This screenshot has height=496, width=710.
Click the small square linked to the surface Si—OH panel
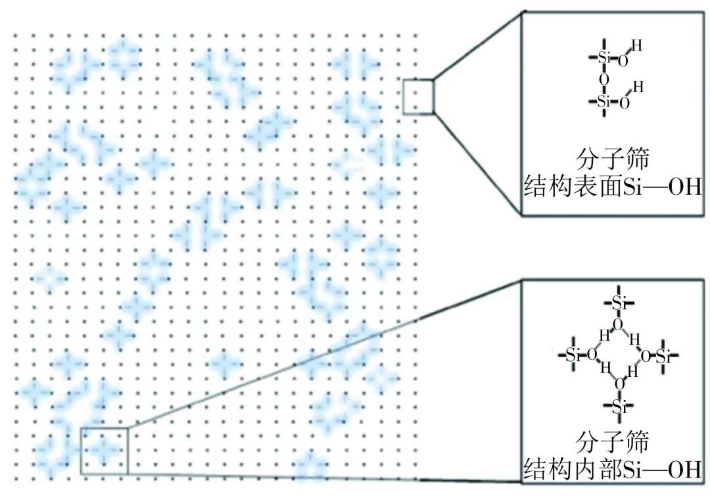[x=418, y=80]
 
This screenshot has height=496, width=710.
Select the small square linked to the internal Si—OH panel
[x=104, y=428]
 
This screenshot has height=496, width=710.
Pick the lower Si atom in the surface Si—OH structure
[x=604, y=101]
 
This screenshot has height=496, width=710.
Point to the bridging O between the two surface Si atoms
[x=604, y=80]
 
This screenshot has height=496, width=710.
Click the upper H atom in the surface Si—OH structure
[x=636, y=45]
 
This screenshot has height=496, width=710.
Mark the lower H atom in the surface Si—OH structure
[x=638, y=87]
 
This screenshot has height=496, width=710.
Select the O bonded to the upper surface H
[x=623, y=61]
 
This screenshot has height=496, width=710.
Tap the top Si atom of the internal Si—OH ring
[x=619, y=303]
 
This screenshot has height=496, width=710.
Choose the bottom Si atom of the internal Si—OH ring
[x=619, y=407]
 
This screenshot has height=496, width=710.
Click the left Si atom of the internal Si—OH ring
[x=573, y=355]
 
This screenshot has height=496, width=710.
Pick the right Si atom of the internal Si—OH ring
[x=663, y=357]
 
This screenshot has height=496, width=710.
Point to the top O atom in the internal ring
[x=618, y=324]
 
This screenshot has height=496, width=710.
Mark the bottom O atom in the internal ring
[x=619, y=385]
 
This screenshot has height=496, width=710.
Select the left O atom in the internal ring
[x=592, y=355]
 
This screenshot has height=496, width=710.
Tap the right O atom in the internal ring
[x=646, y=357]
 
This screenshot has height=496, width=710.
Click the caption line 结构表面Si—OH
[x=613, y=187]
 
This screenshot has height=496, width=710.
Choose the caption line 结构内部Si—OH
[x=613, y=469]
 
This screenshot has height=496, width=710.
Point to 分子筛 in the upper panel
[x=612, y=159]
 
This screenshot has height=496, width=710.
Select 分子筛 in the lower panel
[x=612, y=441]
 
